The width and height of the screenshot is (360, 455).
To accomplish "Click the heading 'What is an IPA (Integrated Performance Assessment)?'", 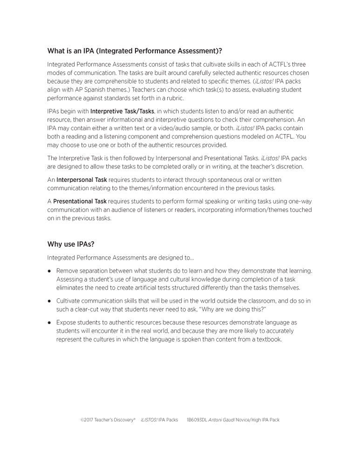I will point(131,51).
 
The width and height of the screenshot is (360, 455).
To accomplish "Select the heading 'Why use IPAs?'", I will point(71,244).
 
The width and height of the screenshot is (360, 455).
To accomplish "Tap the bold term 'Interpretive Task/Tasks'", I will point(122,111).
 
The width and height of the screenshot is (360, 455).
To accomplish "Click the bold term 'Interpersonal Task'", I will point(82,179).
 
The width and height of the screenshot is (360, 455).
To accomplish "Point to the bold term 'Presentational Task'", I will point(80,201).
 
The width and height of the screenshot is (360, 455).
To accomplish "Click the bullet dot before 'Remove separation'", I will point(49,271).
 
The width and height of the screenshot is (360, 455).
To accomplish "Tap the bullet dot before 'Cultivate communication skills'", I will point(49,301).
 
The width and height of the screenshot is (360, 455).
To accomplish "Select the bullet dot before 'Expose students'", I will point(49,323).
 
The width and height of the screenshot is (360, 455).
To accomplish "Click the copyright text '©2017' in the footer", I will point(87,420).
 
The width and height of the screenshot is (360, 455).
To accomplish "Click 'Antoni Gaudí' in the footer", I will point(221,420).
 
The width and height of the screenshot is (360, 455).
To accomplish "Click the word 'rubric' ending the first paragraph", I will point(175,98).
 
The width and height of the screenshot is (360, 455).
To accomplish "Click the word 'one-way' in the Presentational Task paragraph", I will point(301,201).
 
